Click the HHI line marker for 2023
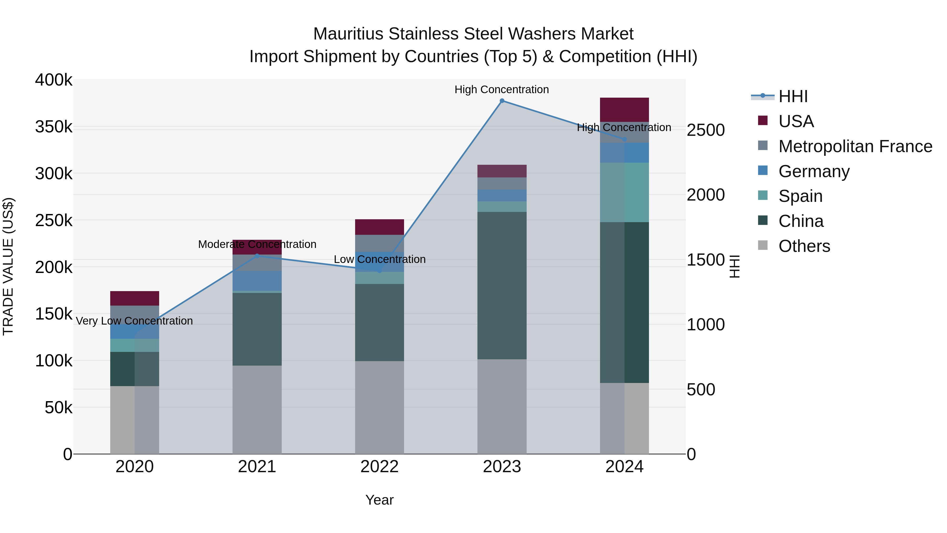pyautogui.click(x=502, y=101)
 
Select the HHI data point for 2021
pyautogui.click(x=257, y=256)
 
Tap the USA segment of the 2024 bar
pyautogui.click(x=624, y=109)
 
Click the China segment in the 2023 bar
pyautogui.click(x=502, y=285)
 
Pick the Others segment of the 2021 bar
pyautogui.click(x=257, y=409)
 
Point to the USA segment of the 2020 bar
pyautogui.click(x=134, y=298)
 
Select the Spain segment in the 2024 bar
pyautogui.click(x=624, y=192)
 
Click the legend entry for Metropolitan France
pyautogui.click(x=855, y=146)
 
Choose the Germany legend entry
pyautogui.click(x=814, y=171)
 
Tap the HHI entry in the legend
pyautogui.click(x=793, y=96)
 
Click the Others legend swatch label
pyautogui.click(x=804, y=246)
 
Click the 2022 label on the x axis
pyautogui.click(x=379, y=467)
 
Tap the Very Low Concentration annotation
pyautogui.click(x=134, y=321)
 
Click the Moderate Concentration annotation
pyautogui.click(x=257, y=244)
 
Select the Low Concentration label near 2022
pyautogui.click(x=379, y=259)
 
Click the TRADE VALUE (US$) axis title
pyautogui.click(x=8, y=266)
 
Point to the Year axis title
pyautogui.click(x=379, y=500)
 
